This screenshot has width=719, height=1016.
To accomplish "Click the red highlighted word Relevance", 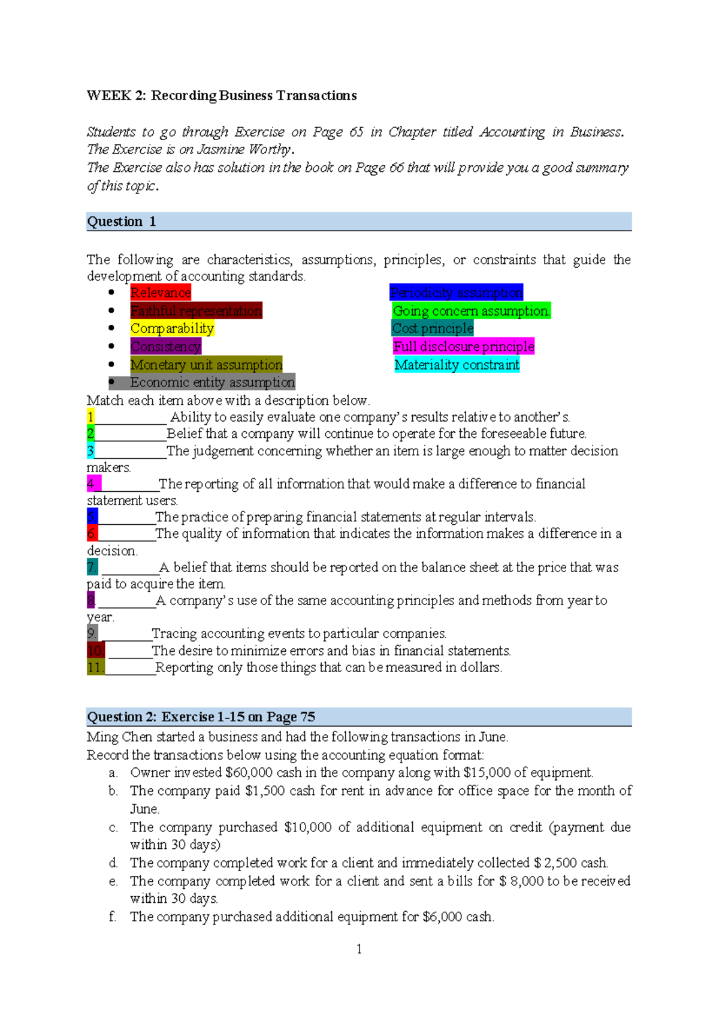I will coord(161,292).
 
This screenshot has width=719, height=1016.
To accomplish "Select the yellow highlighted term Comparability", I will coord(172,328).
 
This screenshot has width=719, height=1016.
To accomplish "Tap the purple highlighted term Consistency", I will coord(165,346).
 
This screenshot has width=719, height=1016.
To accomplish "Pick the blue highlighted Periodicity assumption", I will coord(456,292).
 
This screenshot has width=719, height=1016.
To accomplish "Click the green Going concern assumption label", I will coord(471,311).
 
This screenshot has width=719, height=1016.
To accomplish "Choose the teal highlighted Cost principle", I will coord(433,328).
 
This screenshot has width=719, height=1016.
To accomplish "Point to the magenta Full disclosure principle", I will coord(464,346).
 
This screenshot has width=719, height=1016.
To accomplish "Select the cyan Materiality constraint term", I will coord(457,364).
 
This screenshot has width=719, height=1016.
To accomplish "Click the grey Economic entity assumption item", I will coord(212,382).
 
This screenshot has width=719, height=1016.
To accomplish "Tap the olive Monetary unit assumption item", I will coord(206,364).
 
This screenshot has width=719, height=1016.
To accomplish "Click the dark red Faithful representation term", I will coord(196,310).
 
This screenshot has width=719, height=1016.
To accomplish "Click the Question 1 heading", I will coord(122,222).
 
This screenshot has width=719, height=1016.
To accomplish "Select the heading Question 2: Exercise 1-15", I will coord(201,716).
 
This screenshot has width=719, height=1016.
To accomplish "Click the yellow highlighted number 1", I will coord(90,417).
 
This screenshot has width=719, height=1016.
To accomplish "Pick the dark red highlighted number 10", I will coord(95,651).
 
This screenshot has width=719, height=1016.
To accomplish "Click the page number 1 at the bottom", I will coord(359,949).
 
